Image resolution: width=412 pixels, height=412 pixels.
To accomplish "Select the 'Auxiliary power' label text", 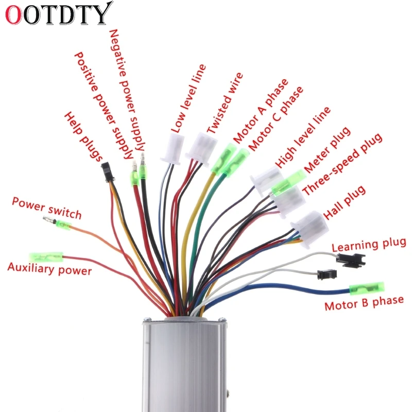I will click(x=49, y=268).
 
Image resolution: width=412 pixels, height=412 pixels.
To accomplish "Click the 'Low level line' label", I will click(x=188, y=97).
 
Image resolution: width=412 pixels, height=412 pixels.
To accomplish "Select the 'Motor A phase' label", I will click(x=261, y=111).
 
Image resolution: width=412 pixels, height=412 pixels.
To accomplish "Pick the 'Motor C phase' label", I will click(x=276, y=119).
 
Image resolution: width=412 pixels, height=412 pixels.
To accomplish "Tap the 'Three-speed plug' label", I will click(x=342, y=164).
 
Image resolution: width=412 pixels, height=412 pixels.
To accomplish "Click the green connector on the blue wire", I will click(x=367, y=288).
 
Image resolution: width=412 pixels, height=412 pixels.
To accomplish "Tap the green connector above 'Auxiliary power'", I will click(x=47, y=256).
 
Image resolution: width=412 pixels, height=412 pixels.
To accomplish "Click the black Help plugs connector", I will click(x=107, y=171).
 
